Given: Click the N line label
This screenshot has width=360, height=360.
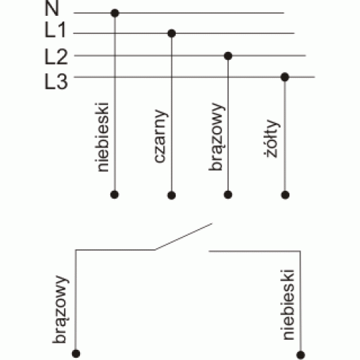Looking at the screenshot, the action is [52, 8].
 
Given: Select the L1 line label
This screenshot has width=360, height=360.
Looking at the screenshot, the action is [55, 30].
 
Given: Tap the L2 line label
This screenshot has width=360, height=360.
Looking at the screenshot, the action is [56, 56].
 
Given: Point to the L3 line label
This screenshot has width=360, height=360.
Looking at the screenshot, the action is [56, 81].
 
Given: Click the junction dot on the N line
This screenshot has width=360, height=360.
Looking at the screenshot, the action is [115, 13].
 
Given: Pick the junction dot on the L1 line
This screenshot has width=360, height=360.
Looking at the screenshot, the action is [171, 33].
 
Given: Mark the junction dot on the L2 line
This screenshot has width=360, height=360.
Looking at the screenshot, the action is [228, 56].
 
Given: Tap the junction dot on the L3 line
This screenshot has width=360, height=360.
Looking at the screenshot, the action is [285, 77].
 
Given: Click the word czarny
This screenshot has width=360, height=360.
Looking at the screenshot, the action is [161, 136].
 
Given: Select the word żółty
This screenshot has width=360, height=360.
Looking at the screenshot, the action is [272, 138].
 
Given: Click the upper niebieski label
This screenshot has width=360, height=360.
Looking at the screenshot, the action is [102, 137].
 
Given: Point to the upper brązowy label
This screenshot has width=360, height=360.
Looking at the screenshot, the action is [217, 137].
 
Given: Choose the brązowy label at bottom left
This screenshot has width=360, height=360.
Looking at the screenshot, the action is [60, 310].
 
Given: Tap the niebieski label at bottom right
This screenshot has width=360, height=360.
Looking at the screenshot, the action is [288, 305].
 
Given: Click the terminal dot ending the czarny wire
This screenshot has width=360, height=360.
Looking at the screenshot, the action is [171, 195].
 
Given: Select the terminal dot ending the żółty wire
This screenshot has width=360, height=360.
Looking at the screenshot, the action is [285, 195].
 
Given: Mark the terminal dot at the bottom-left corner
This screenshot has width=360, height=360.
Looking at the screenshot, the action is [76, 354].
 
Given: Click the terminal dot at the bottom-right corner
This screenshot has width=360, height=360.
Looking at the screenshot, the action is [300, 355].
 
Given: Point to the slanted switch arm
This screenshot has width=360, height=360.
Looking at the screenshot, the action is [184, 237].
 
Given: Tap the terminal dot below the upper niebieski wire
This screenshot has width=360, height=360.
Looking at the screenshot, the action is [114, 194].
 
